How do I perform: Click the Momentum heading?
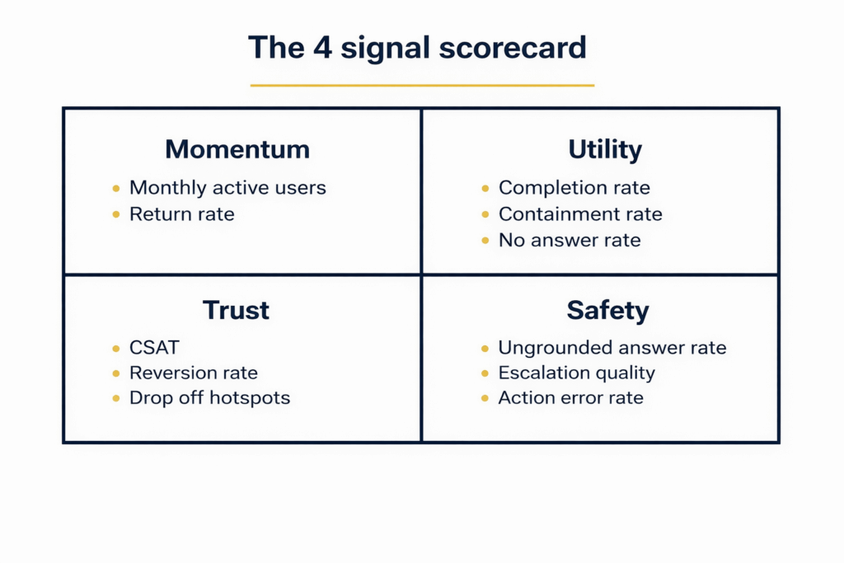(237, 149)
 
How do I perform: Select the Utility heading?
(605, 149)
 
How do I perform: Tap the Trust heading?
(236, 310)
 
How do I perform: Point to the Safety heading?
(607, 310)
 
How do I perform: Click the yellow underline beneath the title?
(422, 85)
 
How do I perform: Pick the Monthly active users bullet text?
(227, 188)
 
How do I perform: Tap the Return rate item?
(181, 214)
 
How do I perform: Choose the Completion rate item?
(574, 188)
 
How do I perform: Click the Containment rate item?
(580, 214)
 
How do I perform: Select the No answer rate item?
(569, 241)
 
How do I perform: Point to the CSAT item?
(154, 347)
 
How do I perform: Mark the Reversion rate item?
(194, 373)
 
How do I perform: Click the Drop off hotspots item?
(209, 398)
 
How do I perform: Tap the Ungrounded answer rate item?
(612, 347)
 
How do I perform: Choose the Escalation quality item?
(576, 373)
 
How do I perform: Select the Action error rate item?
(570, 398)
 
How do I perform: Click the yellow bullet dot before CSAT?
(115, 348)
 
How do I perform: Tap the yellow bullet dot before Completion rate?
(485, 189)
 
